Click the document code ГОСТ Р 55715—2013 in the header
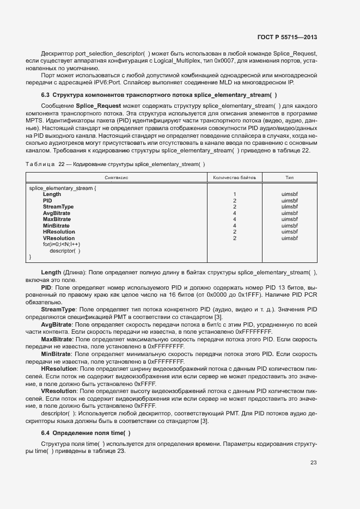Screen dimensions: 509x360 [287, 37]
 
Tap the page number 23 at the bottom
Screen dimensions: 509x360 [314, 463]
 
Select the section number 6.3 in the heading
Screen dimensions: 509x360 [46, 95]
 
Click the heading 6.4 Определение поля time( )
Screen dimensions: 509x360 [86, 433]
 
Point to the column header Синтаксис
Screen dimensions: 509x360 [115, 177]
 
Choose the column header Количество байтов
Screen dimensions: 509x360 [234, 177]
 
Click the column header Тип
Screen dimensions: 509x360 [290, 177]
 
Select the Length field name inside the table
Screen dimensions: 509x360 [52, 194]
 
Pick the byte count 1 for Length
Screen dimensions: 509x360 [234, 194]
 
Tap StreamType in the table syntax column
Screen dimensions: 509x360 [58, 207]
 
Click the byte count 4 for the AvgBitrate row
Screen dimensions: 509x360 [234, 213]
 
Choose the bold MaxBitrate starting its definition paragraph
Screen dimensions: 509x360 [58, 339]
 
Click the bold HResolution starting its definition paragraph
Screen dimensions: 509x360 [59, 369]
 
